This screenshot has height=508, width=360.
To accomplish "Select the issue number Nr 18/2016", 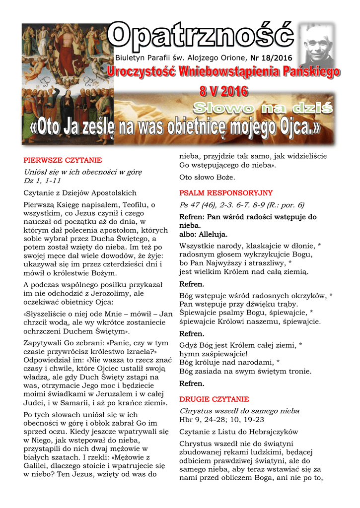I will (x=271, y=58).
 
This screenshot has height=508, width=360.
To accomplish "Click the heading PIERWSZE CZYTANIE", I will (x=63, y=160).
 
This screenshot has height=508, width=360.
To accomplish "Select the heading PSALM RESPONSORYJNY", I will (x=226, y=193).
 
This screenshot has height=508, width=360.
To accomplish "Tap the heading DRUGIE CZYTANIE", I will (x=214, y=399).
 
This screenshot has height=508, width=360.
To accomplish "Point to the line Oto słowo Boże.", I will (x=207, y=177).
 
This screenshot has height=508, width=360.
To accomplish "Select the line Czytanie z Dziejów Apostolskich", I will (x=80, y=192).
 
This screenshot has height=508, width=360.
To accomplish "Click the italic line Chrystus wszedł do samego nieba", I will (x=239, y=411).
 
